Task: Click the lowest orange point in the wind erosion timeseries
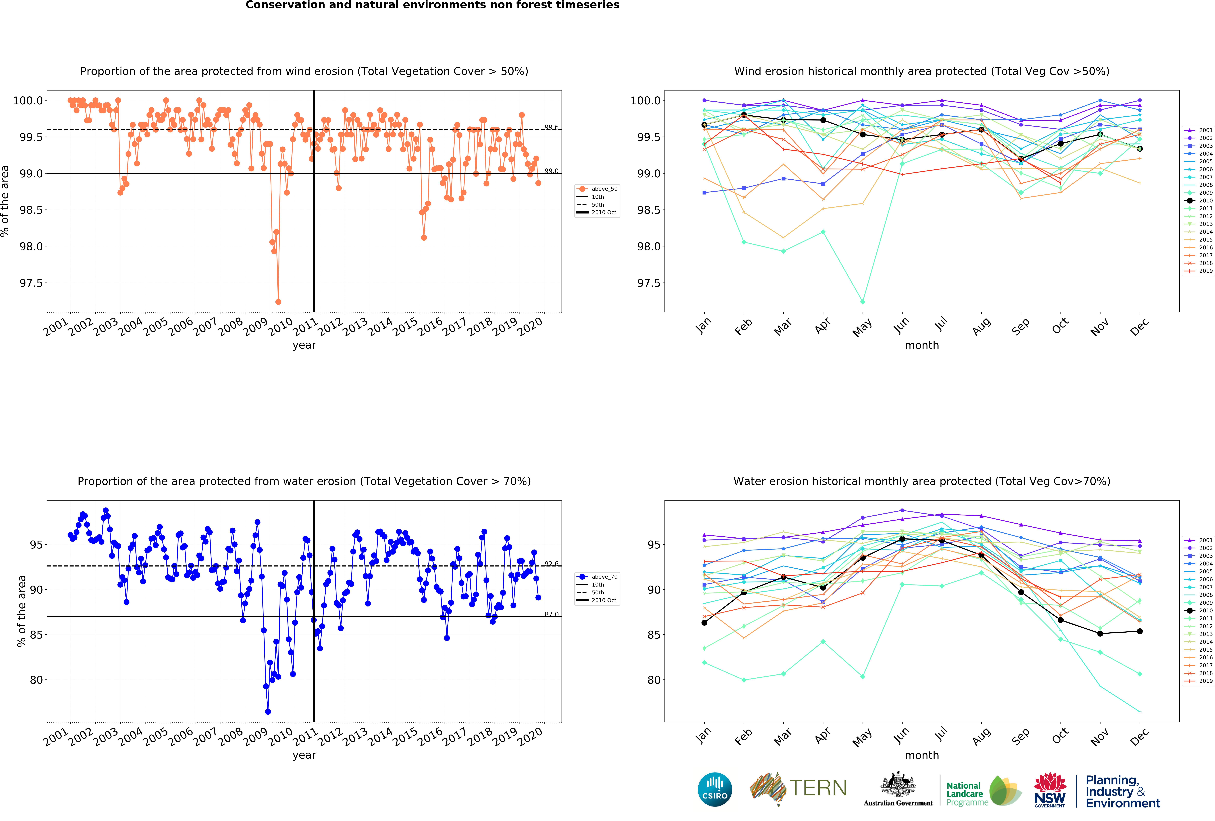pos(278,302)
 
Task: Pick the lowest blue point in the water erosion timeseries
pos(268,712)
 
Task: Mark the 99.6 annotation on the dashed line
pos(551,127)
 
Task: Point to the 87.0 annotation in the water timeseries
pos(551,614)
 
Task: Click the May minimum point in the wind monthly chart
pos(863,302)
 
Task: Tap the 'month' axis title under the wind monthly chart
pos(922,345)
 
